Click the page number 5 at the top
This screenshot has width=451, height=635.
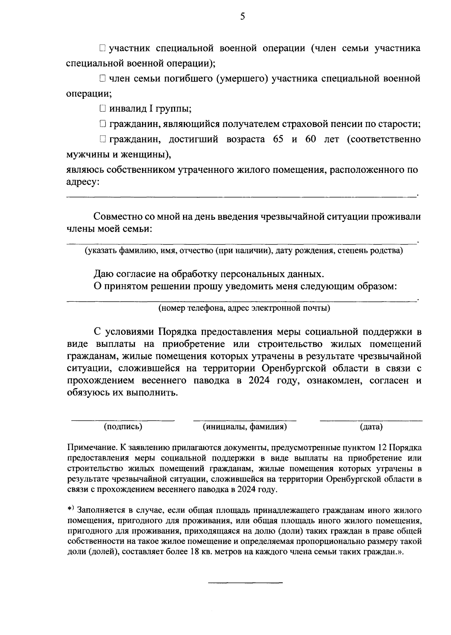(x=242, y=17)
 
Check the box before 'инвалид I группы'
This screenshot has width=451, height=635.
(x=103, y=109)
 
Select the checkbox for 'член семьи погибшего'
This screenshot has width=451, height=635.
(x=103, y=78)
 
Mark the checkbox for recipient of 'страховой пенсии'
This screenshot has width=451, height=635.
(x=103, y=124)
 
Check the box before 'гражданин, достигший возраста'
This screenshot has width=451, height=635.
(x=103, y=139)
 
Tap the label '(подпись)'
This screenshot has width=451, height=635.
(x=123, y=427)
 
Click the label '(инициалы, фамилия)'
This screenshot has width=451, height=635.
(x=245, y=427)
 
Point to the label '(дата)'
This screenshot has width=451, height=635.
(x=371, y=427)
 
